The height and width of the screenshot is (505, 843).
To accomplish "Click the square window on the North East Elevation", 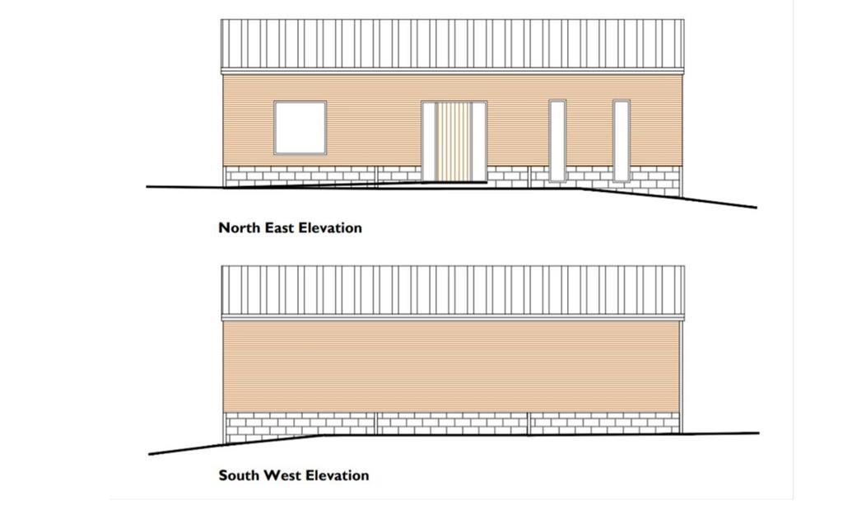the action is click(x=300, y=128).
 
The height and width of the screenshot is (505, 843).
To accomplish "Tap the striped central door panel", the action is click(x=454, y=142).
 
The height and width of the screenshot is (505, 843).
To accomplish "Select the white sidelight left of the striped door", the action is click(x=429, y=142).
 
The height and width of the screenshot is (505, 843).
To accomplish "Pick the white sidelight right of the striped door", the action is click(x=479, y=142).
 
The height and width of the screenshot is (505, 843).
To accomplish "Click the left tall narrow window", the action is click(x=557, y=141).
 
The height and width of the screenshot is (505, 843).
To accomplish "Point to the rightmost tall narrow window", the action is click(x=622, y=141).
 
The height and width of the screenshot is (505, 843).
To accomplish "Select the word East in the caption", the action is click(x=277, y=228).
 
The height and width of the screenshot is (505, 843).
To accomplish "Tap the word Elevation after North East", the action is click(x=330, y=228).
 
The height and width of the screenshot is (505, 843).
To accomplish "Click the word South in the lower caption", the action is click(x=238, y=475).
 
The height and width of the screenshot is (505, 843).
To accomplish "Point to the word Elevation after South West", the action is click(x=337, y=475).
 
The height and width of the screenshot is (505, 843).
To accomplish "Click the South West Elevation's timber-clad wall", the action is click(x=452, y=367).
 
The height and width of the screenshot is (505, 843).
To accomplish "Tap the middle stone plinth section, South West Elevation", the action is click(x=452, y=423).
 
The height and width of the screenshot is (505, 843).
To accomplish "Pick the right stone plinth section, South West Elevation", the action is click(x=605, y=423).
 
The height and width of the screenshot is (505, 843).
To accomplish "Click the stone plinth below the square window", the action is click(x=300, y=176).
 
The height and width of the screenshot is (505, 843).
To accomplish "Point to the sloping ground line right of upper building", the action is click(x=668, y=198).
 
